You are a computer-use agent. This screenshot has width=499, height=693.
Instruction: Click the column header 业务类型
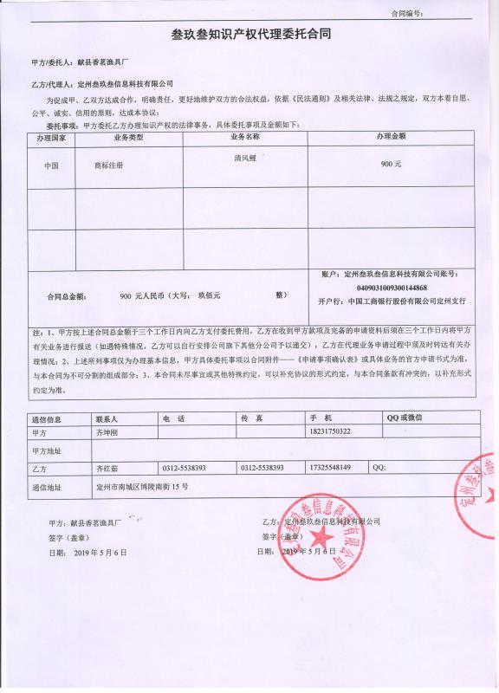point(129,137)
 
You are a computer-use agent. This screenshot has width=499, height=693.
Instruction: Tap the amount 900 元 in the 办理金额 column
point(392,164)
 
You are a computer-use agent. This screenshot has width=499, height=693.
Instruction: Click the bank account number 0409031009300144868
point(392,287)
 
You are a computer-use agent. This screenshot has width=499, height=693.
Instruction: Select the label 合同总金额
point(68,296)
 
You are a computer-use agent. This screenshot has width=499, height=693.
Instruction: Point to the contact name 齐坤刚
point(111,431)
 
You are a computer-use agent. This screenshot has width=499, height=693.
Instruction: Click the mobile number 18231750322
point(330,431)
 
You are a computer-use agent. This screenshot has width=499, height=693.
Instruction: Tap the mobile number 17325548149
point(330,468)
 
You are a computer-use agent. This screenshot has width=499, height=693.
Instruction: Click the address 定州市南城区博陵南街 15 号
point(142,487)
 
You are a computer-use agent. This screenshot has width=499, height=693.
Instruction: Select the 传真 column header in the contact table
point(252,418)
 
